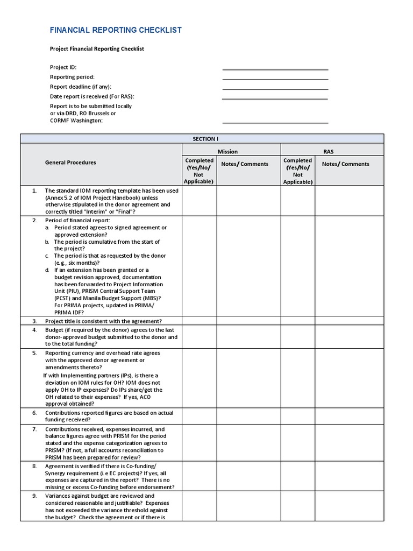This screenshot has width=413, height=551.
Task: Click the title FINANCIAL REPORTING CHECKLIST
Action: click(x=116, y=30)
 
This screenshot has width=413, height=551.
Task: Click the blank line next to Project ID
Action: click(x=275, y=69)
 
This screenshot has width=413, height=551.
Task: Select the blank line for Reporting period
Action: click(x=275, y=79)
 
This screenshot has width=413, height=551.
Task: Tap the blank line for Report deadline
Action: click(x=275, y=88)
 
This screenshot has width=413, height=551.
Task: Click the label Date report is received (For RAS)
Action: click(x=92, y=96)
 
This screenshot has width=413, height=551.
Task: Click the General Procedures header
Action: click(x=70, y=163)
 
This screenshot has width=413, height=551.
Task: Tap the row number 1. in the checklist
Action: click(x=34, y=190)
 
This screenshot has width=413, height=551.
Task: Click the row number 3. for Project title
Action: click(x=34, y=321)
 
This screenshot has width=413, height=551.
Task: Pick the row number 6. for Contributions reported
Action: click(x=34, y=413)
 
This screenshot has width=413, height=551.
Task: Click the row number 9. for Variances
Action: click(x=34, y=496)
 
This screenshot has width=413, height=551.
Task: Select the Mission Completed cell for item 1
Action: click(x=200, y=201)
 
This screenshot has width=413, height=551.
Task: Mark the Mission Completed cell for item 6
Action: click(x=200, y=416)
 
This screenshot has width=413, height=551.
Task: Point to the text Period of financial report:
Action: click(x=77, y=221)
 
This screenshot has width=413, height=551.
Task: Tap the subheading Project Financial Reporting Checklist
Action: click(x=97, y=49)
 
